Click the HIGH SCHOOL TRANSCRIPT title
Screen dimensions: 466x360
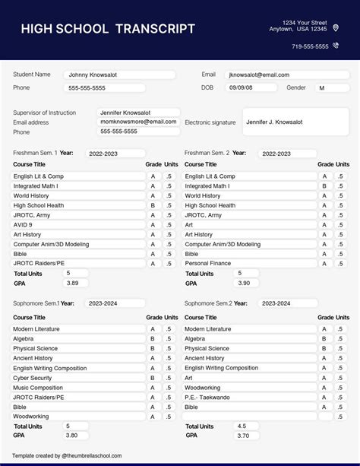pyautogui.click(x=108, y=30)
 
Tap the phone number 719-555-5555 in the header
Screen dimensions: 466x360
pyautogui.click(x=310, y=46)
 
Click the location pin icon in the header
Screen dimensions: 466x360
pyautogui.click(x=336, y=27)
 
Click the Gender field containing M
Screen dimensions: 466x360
pyautogui.click(x=331, y=88)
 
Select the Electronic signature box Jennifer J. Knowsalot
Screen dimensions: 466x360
pyautogui.click(x=295, y=122)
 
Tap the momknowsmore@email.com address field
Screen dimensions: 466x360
pyautogui.click(x=139, y=122)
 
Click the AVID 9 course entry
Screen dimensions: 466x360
pyautogui.click(x=76, y=225)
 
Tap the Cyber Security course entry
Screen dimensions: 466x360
pyautogui.click(x=76, y=378)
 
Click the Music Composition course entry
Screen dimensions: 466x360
pyautogui.click(x=76, y=388)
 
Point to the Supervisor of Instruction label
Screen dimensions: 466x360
pyautogui.click(x=45, y=113)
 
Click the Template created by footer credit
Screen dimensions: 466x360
pyautogui.click(x=67, y=456)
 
